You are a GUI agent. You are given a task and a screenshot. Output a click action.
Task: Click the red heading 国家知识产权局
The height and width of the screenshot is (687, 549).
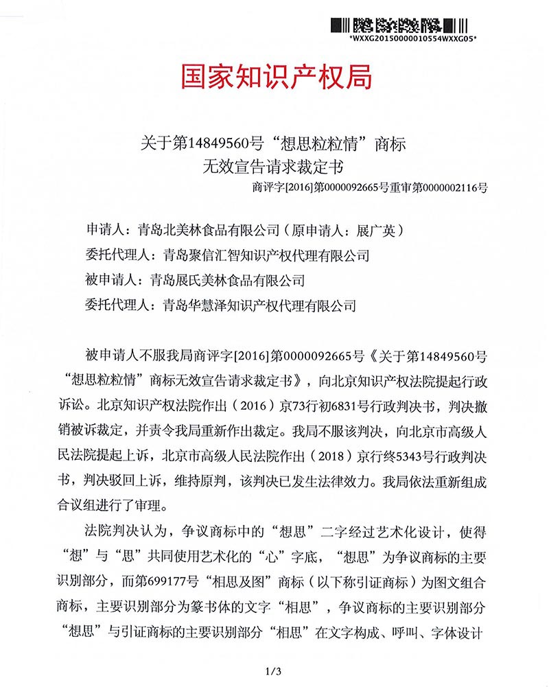click(277, 77)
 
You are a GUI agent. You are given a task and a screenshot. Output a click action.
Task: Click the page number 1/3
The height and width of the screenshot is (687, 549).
click(274, 670)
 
